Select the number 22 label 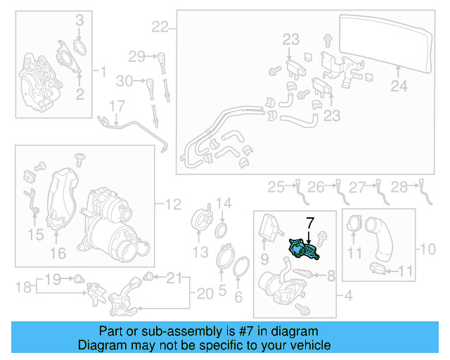pos(160,27)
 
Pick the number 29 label pos(136,56)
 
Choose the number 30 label pos(124,82)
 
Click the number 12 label pos(173,205)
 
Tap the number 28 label pos(399,186)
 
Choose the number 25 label pos(275,186)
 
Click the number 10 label pos(427,248)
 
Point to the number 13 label pos(200,251)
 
